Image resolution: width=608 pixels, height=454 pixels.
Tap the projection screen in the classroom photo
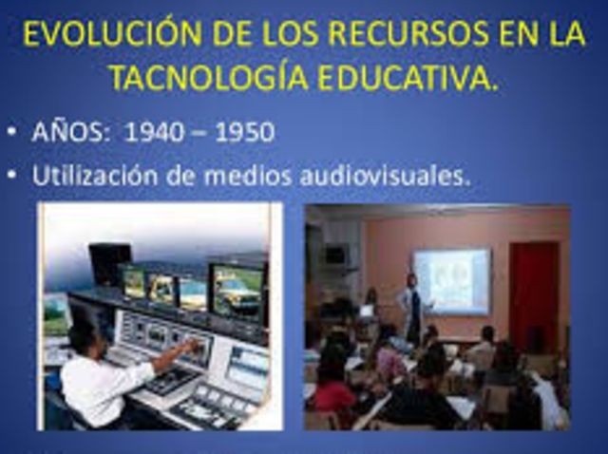pos(451,281)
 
